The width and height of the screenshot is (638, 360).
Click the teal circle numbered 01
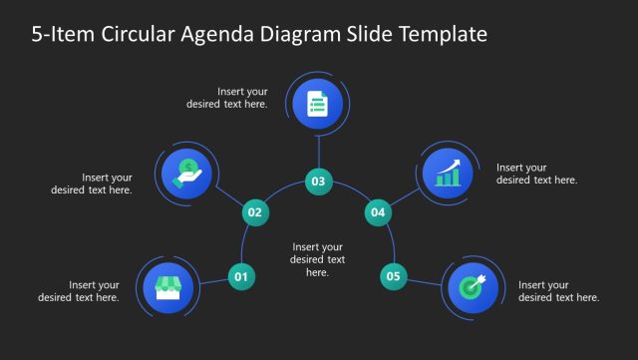[240, 276]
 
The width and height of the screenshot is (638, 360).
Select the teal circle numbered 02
[255, 211]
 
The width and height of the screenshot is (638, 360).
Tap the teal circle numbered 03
[318, 181]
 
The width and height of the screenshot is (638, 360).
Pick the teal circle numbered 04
[378, 211]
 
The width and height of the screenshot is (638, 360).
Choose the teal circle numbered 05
[394, 276]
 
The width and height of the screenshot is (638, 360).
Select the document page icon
[318, 104]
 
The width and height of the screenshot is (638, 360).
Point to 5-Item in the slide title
[59, 35]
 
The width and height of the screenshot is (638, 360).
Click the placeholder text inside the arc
[317, 259]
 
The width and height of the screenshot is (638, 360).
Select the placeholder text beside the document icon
[227, 98]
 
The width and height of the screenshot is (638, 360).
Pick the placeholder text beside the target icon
[558, 291]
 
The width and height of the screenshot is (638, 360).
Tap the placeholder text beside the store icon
[79, 291]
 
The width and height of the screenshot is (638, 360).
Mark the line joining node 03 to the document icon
[318, 151]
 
